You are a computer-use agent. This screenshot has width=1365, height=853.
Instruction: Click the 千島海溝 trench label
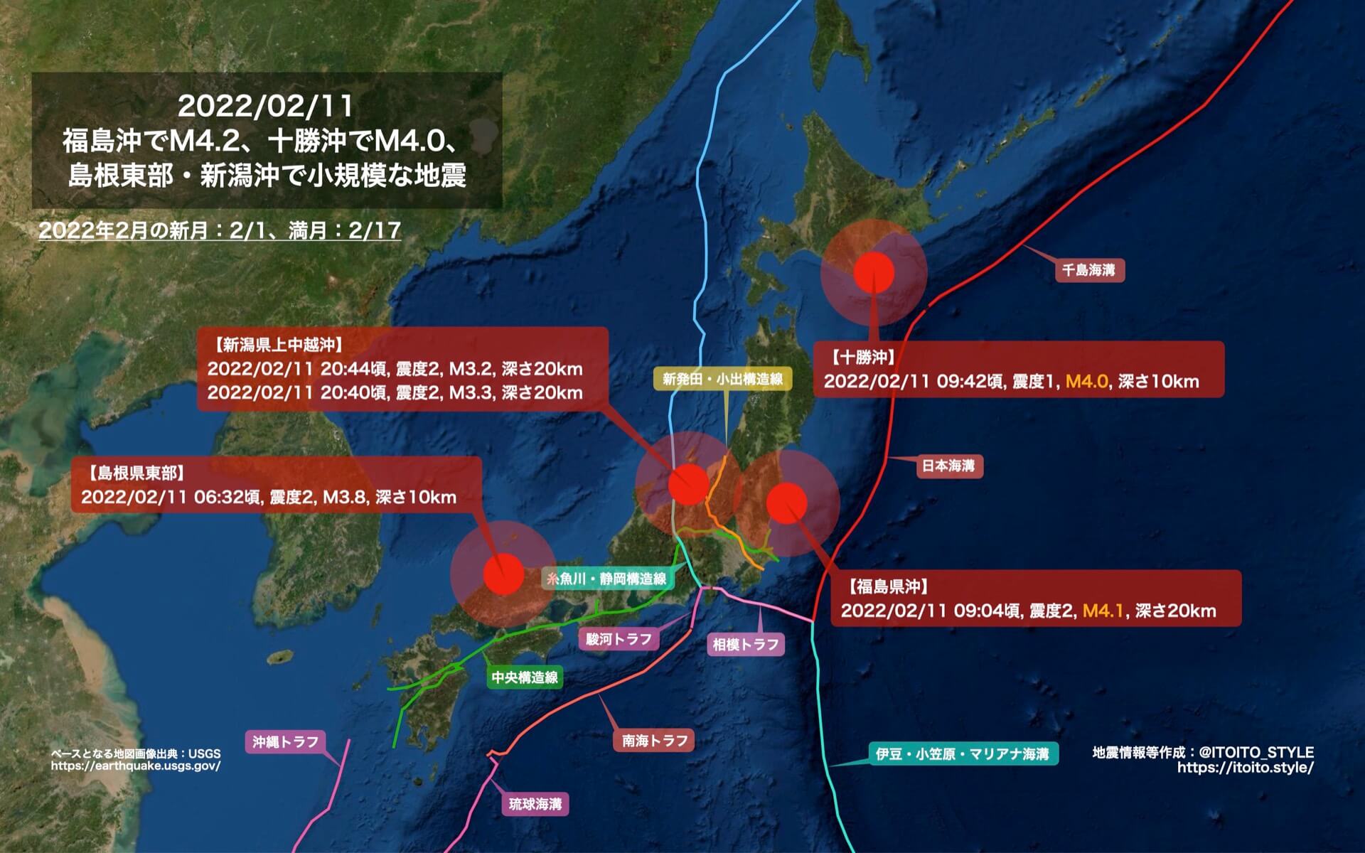(1088, 270)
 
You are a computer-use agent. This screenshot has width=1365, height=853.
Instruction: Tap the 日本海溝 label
(948, 466)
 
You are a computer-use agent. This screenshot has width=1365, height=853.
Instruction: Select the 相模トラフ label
(746, 645)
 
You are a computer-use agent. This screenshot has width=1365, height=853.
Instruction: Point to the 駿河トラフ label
(619, 639)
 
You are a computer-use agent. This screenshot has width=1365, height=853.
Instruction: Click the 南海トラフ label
(654, 741)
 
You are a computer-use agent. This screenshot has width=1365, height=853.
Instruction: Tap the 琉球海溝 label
(535, 804)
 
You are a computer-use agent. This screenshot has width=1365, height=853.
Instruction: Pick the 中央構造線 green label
(525, 677)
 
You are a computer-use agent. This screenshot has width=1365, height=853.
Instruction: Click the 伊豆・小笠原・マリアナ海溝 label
(963, 753)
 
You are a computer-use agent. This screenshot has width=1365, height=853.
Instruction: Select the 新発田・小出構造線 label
(722, 379)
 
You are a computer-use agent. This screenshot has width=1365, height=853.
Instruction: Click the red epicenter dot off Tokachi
(874, 273)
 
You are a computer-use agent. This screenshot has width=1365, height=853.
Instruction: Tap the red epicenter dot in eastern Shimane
(503, 574)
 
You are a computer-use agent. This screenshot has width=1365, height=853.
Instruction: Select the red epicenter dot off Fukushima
(787, 503)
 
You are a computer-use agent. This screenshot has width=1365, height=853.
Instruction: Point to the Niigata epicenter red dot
(688, 484)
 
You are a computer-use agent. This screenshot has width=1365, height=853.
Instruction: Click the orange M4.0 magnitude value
(1086, 381)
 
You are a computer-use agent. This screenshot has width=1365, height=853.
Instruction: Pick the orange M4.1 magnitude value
(1103, 611)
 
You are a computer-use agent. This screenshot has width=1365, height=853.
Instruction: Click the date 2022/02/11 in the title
(265, 107)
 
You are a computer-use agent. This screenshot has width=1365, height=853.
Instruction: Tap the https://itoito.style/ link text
(1245, 768)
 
